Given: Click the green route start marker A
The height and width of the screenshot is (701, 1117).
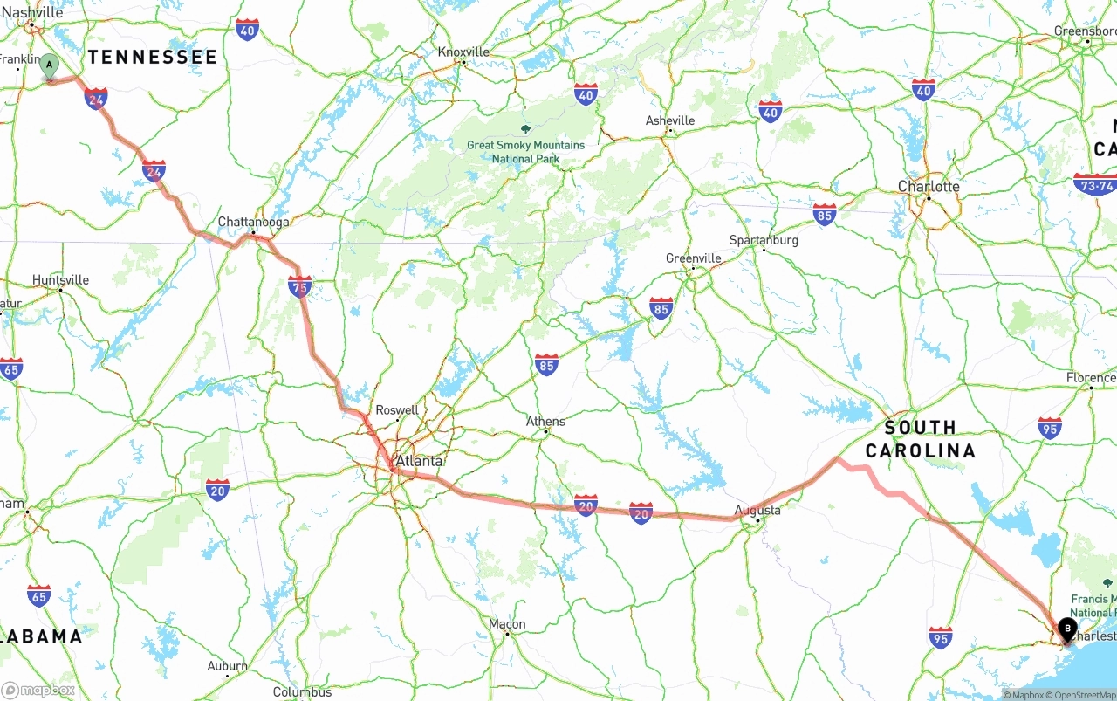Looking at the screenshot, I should pos(50,65).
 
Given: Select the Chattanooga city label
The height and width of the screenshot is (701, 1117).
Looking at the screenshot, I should pos(253,222).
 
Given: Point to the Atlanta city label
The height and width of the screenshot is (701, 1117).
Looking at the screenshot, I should pos(419,460).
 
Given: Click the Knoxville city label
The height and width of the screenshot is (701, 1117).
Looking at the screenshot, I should pos(463,52).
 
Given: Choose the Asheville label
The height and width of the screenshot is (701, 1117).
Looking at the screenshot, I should pos(670,120).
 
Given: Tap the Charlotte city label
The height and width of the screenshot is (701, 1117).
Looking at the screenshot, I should pos(929,186).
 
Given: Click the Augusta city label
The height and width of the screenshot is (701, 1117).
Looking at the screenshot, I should pos(757,510).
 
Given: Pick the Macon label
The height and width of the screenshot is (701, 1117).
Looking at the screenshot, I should pos(507,623).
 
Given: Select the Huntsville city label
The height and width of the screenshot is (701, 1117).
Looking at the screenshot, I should pos(61,279).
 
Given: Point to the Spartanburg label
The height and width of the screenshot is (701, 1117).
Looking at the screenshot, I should pos(764,240).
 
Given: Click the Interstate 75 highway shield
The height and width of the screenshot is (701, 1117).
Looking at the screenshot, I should pos(299,286).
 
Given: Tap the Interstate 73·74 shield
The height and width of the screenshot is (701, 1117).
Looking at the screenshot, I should pos(1094,185).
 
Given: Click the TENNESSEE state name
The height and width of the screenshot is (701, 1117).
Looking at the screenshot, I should pos(152,57).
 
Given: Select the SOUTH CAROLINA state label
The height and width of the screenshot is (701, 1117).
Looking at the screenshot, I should pos(921,438).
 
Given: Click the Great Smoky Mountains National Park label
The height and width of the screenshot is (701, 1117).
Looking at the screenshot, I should pos(525,151).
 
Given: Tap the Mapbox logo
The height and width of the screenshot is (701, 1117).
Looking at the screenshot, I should pos(38,690).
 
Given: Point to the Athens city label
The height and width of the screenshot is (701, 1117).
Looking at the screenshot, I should pos(545,421).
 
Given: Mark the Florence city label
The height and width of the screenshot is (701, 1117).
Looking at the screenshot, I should pos(1091,378).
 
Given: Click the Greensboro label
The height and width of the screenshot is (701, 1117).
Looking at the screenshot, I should pos(1085,31).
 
